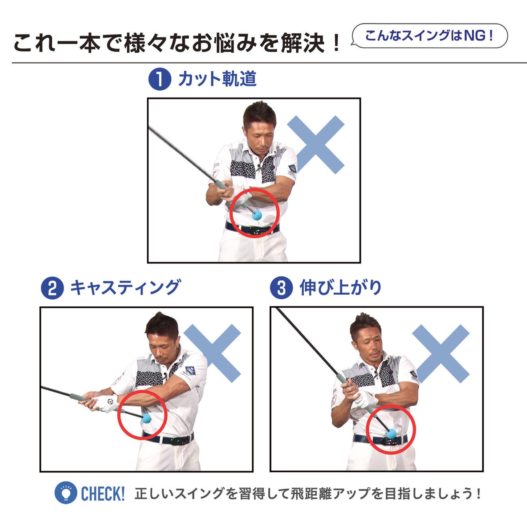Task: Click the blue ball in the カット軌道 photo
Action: point(257,215)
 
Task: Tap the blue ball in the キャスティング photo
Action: point(146,418)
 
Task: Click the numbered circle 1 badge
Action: point(160,79)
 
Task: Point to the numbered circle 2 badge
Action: point(52,288)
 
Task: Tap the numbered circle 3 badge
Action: point(281,288)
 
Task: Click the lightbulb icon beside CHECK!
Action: point(66,493)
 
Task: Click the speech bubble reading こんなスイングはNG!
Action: point(429,36)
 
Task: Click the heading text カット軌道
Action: point(218,79)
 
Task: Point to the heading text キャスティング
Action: point(126,288)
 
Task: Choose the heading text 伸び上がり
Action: point(341,288)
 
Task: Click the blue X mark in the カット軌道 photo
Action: point(315,145)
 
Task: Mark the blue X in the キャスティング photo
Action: point(212,353)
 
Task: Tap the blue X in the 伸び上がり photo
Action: point(441,354)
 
